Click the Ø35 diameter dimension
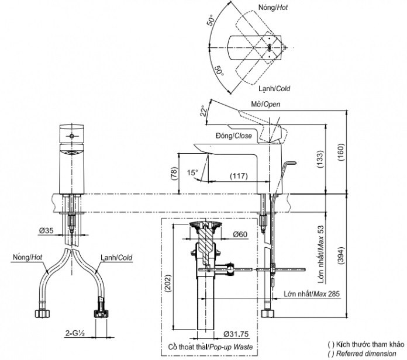[46, 230]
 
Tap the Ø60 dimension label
[240, 234]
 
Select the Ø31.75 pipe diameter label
[236, 334]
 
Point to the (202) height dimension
[168, 283]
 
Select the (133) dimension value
[320, 159]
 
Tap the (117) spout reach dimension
[239, 176]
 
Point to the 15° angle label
[192, 172]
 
